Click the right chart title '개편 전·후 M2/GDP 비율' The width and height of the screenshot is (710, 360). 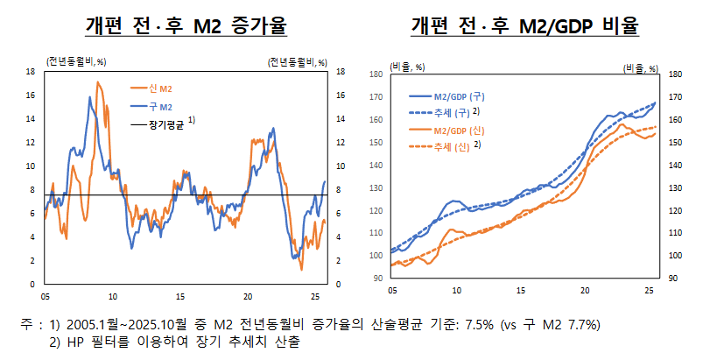coord(524,25)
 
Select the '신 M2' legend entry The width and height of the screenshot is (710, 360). coord(161,88)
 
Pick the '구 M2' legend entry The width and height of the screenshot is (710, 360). coord(161,106)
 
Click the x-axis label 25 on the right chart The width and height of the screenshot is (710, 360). coord(649,290)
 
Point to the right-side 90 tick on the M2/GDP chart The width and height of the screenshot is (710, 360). coord(672,278)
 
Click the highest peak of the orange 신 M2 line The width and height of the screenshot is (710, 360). coord(98,81)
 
